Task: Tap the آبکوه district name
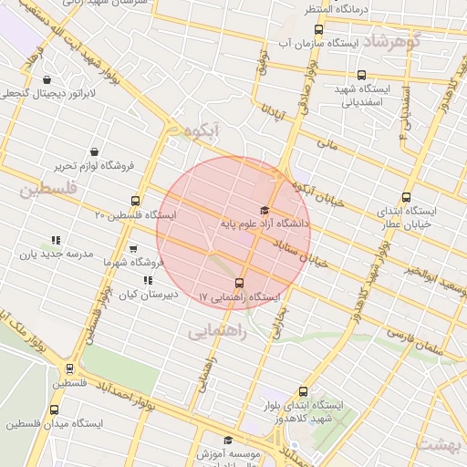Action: coord(202,131)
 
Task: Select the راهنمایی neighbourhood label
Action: coord(219,332)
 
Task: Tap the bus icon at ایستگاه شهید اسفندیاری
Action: coord(362,76)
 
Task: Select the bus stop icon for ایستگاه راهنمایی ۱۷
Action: coord(240,283)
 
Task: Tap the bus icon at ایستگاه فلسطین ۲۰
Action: coord(136,202)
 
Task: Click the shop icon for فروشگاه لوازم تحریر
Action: coord(95,152)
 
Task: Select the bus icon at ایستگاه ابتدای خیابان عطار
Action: coord(407,197)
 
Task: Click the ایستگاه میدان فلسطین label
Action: coord(55,424)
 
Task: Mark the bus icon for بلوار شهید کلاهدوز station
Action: coord(304,391)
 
